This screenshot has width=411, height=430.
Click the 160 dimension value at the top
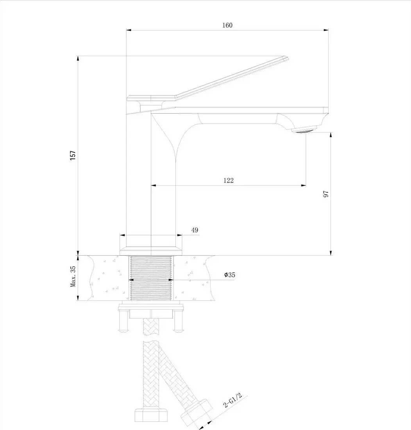(x=227, y=25)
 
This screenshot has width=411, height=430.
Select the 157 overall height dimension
(x=73, y=155)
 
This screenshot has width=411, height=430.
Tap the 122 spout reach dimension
(x=229, y=180)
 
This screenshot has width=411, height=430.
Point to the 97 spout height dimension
(x=326, y=194)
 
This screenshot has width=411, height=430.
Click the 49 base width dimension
(x=195, y=230)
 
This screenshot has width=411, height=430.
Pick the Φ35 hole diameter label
(x=230, y=275)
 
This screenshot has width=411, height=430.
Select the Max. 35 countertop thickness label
(x=73, y=278)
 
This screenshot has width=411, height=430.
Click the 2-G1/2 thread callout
(x=233, y=400)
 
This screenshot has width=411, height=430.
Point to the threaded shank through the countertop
(x=151, y=278)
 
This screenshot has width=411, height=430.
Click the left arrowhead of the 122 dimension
(x=153, y=185)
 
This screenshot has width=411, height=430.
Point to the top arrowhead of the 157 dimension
(x=78, y=58)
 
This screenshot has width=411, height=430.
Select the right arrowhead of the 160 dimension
(x=326, y=29)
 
